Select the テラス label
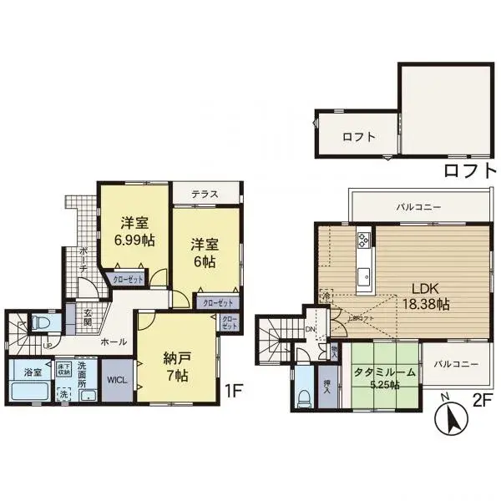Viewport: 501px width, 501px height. tap(205, 195)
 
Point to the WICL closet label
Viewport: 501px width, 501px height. tap(116, 377)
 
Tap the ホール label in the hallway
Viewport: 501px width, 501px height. tap(113, 342)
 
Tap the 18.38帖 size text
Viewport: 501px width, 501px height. tap(425, 306)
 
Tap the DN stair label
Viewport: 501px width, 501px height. tap(311, 330)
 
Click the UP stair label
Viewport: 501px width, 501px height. tap(48, 346)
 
